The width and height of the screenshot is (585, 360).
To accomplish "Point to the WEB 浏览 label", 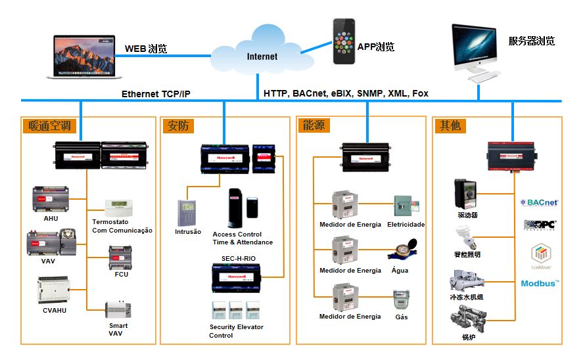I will tap(146, 49).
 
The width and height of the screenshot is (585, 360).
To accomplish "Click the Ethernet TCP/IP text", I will tap(156, 94).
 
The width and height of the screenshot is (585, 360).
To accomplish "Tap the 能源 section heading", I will tap(314, 125).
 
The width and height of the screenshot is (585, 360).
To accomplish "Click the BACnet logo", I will tap(539, 202).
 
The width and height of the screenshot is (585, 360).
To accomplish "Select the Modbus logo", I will tap(540, 283).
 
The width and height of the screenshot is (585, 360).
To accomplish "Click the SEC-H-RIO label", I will tap(239, 259).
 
